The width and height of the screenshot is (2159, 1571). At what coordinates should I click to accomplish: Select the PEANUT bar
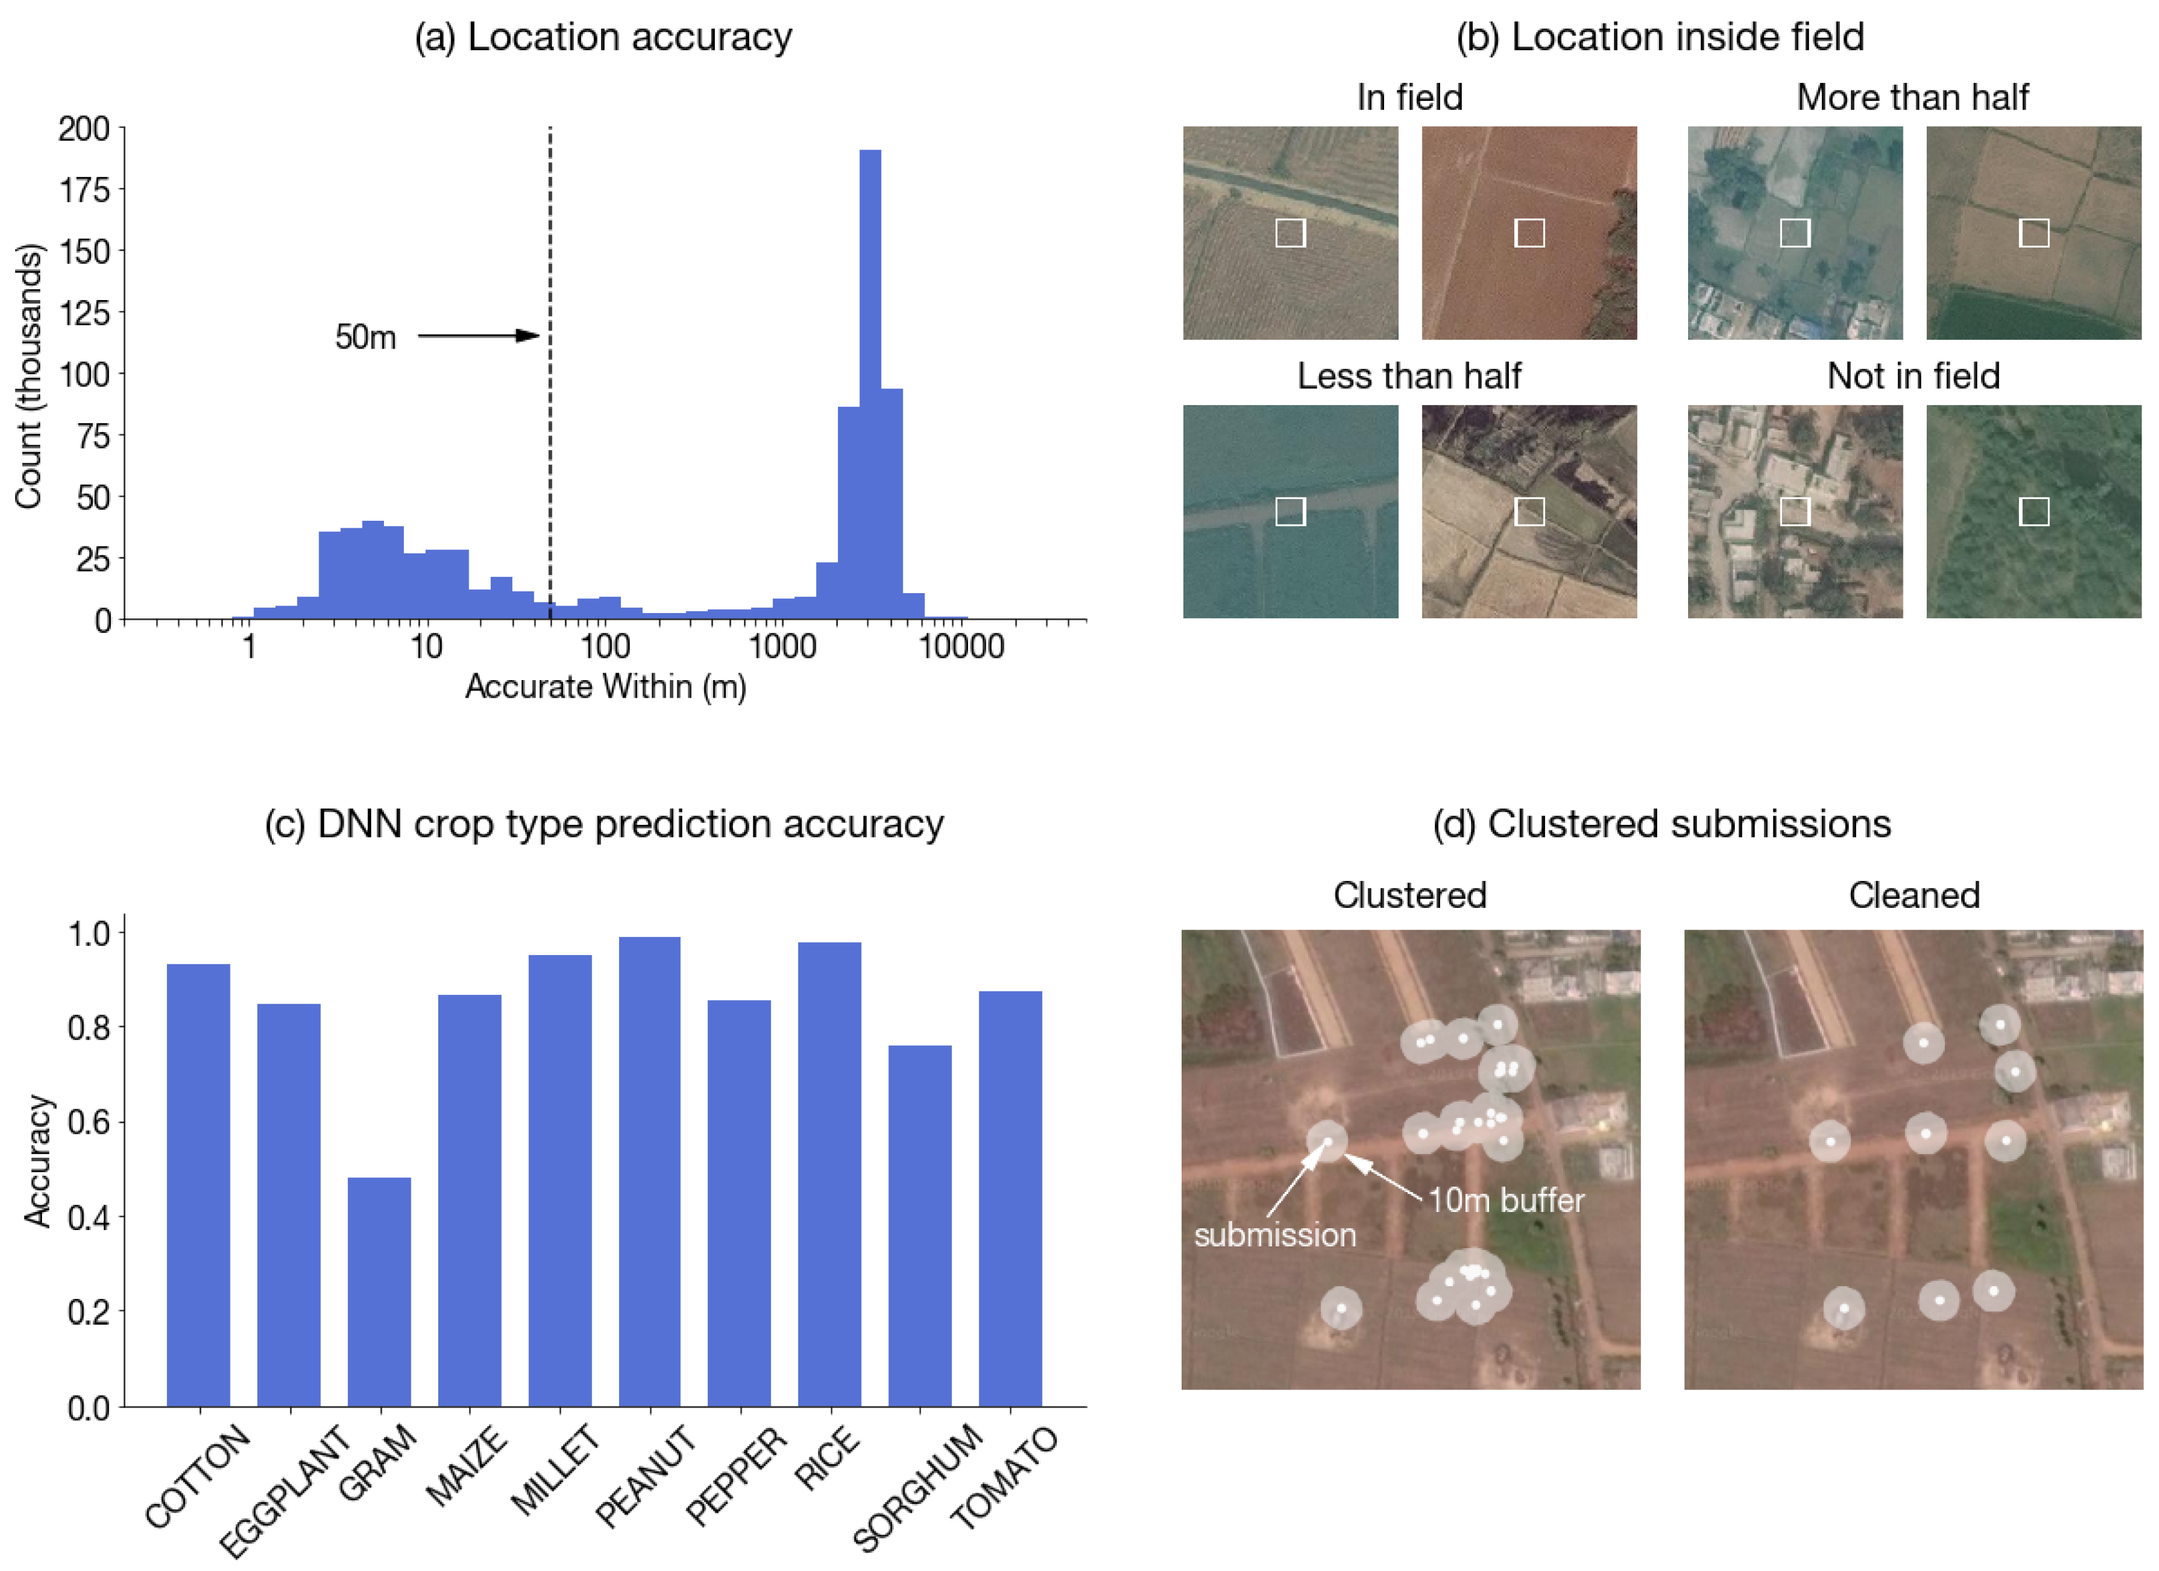649,1171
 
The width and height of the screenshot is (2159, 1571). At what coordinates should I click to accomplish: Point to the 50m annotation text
365,337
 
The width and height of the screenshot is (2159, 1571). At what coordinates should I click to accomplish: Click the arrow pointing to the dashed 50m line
478,335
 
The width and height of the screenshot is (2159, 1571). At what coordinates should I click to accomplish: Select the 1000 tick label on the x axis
781,647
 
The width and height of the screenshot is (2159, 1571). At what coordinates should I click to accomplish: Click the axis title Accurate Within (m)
606,687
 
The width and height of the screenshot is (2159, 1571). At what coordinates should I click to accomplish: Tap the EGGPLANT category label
285,1490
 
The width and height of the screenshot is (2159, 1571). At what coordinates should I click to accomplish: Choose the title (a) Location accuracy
603,37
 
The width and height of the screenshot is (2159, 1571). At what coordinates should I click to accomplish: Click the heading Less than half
1409,376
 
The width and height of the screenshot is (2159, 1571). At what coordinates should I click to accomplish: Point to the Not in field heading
1913,376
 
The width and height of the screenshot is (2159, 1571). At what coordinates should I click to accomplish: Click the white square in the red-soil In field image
1529,234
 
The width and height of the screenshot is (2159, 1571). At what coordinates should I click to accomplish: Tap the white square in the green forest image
2034,512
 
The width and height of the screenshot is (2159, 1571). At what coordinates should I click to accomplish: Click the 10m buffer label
1506,1201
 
